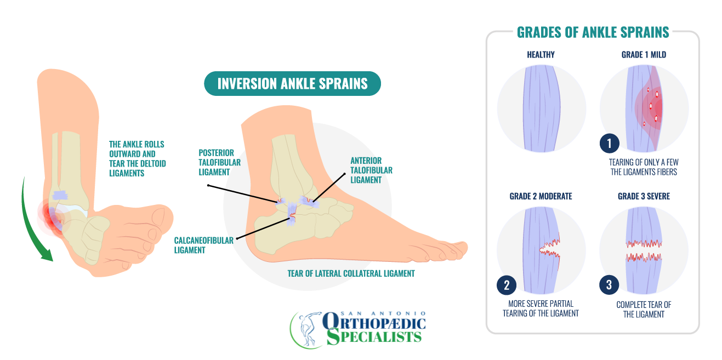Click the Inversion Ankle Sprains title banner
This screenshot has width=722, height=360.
point(292,84)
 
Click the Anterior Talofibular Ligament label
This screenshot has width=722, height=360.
point(371,170)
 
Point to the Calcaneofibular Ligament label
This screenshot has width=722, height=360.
point(203,245)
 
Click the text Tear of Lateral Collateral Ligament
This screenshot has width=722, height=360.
point(351,273)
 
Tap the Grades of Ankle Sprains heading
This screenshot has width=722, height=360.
point(593,33)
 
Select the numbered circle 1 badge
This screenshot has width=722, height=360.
point(609,144)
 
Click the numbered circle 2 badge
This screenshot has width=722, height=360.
point(507,285)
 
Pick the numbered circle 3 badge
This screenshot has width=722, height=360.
point(609,285)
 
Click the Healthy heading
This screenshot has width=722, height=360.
point(541,55)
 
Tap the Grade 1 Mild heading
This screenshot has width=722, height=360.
point(644,55)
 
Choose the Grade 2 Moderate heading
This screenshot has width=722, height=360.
point(541,196)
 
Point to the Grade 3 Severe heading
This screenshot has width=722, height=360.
point(644,196)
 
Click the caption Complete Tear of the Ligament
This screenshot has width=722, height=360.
point(644,309)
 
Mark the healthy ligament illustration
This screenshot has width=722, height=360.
point(541,108)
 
